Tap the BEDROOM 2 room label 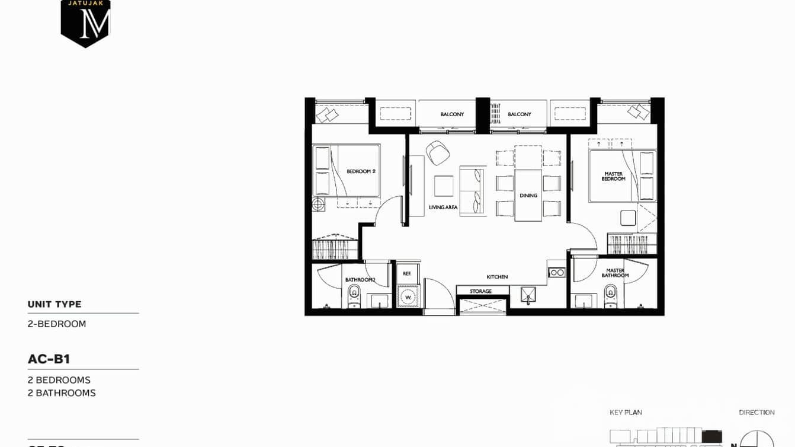click(361, 171)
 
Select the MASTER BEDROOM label click(613, 176)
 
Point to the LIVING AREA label click(443, 207)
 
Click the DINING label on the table click(528, 195)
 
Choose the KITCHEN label click(497, 277)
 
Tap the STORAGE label click(480, 291)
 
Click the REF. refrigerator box click(407, 273)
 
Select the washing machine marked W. click(408, 296)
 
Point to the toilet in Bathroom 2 click(354, 295)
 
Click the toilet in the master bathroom click(610, 295)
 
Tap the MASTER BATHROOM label click(615, 273)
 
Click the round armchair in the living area click(438, 152)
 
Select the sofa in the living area click(472, 190)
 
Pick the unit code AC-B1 click(49, 359)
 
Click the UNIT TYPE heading click(55, 304)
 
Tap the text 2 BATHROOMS click(62, 393)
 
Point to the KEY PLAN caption click(626, 412)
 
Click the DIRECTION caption click(756, 412)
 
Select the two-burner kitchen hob click(556, 272)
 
